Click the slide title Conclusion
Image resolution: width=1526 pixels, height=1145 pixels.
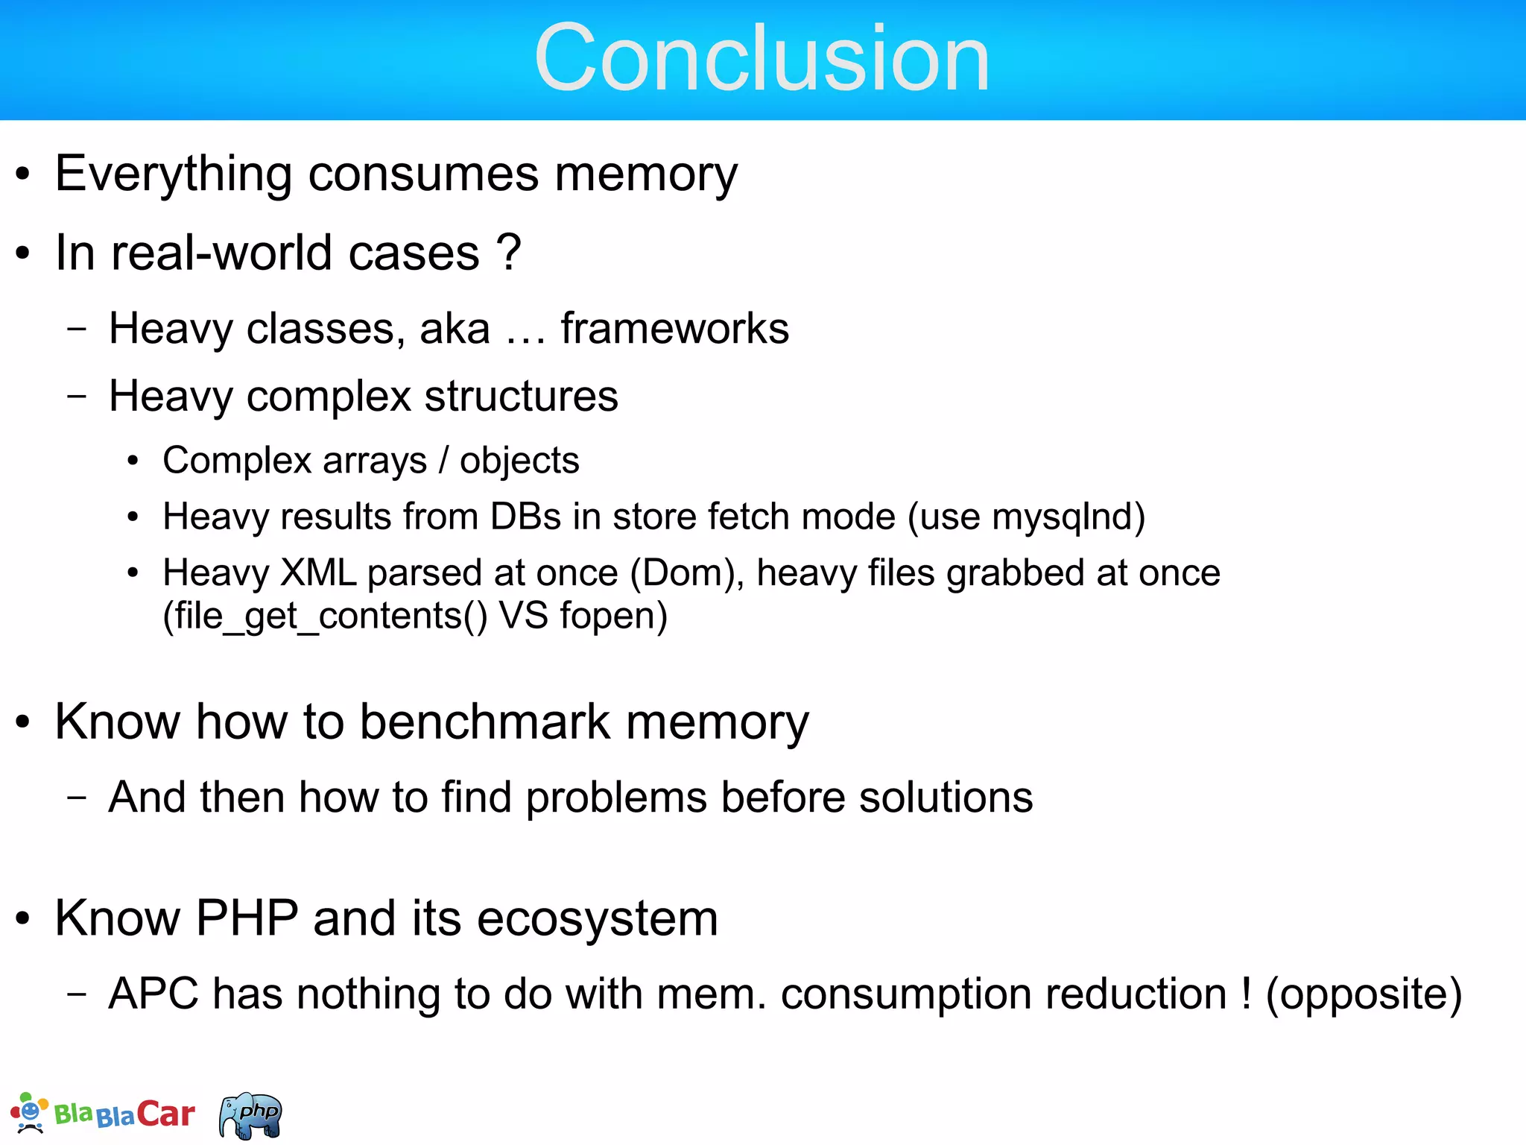[762, 58]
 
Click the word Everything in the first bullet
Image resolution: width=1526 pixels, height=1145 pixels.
[173, 174]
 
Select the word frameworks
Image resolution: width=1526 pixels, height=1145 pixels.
[674, 328]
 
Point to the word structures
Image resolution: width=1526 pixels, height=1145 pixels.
[521, 396]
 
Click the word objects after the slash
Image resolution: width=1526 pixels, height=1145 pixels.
[519, 461]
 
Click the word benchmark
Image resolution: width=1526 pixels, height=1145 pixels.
[485, 722]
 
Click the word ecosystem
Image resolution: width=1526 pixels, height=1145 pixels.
[598, 918]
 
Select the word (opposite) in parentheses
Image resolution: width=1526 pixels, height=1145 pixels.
[1364, 994]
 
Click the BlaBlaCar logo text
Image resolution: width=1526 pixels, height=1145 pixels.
[124, 1114]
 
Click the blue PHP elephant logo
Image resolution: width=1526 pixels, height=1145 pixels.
[251, 1115]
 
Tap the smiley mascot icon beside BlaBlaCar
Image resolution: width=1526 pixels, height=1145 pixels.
[28, 1113]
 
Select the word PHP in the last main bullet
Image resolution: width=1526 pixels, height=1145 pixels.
[247, 918]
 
